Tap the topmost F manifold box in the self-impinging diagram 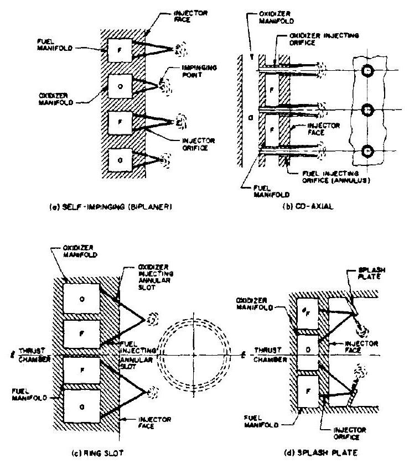116,50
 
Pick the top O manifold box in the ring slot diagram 82,299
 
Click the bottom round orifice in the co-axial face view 366,150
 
